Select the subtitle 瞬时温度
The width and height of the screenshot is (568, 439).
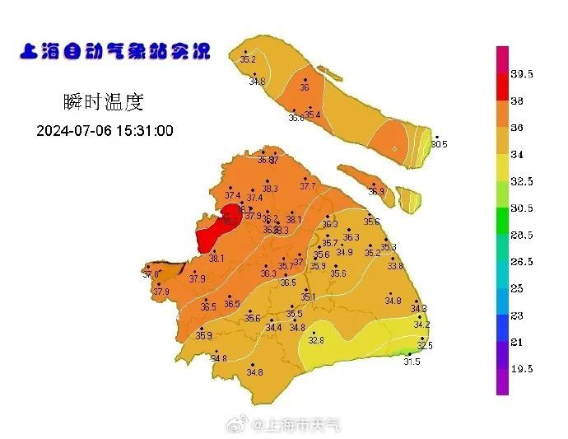[103, 102]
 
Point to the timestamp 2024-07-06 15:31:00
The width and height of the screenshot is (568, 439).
[105, 131]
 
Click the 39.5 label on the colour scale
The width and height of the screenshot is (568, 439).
[522, 74]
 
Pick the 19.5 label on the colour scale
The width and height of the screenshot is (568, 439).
[522, 369]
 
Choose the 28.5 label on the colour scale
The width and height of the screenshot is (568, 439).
[522, 235]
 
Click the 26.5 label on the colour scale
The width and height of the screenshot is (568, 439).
[522, 262]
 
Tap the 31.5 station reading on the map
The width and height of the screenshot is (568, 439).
[411, 362]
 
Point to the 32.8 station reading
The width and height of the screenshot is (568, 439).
[316, 340]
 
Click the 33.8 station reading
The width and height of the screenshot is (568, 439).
[395, 266]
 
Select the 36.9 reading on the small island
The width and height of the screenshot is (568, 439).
[376, 191]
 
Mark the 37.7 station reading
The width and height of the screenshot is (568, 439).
[307, 186]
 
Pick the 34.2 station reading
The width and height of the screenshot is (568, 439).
[421, 325]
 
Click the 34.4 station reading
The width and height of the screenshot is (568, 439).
[273, 327]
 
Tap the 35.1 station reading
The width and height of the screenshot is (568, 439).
[308, 297]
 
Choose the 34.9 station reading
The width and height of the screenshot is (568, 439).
[344, 252]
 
